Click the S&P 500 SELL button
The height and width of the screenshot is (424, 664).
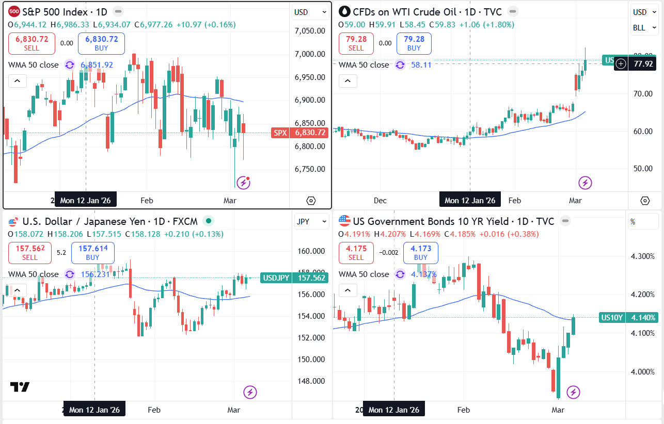pos(31,43)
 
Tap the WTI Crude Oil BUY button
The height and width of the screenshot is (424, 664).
pos(414,43)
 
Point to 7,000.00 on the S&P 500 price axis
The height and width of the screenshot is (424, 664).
pos(309,54)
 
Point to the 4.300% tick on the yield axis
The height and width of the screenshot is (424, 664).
pos(643,256)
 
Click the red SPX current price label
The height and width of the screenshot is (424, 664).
pos(300,133)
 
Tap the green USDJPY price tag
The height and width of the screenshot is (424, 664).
pos(294,278)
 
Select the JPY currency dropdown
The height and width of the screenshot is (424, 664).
pos(311,222)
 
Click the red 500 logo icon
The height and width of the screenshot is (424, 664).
pos(14,11)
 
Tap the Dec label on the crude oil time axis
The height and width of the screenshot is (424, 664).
pos(380,201)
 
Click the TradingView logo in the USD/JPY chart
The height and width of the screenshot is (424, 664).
pos(20,387)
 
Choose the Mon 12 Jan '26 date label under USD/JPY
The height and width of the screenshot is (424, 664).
pos(94,410)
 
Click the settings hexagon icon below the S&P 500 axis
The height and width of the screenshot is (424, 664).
pos(310,201)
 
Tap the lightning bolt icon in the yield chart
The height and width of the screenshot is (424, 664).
pos(573,393)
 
